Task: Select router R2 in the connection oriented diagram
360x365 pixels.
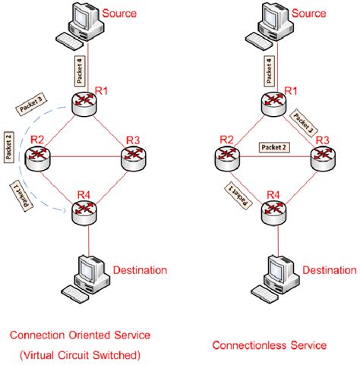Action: (x=36, y=157)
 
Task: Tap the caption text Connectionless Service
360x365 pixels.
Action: (x=280, y=345)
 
